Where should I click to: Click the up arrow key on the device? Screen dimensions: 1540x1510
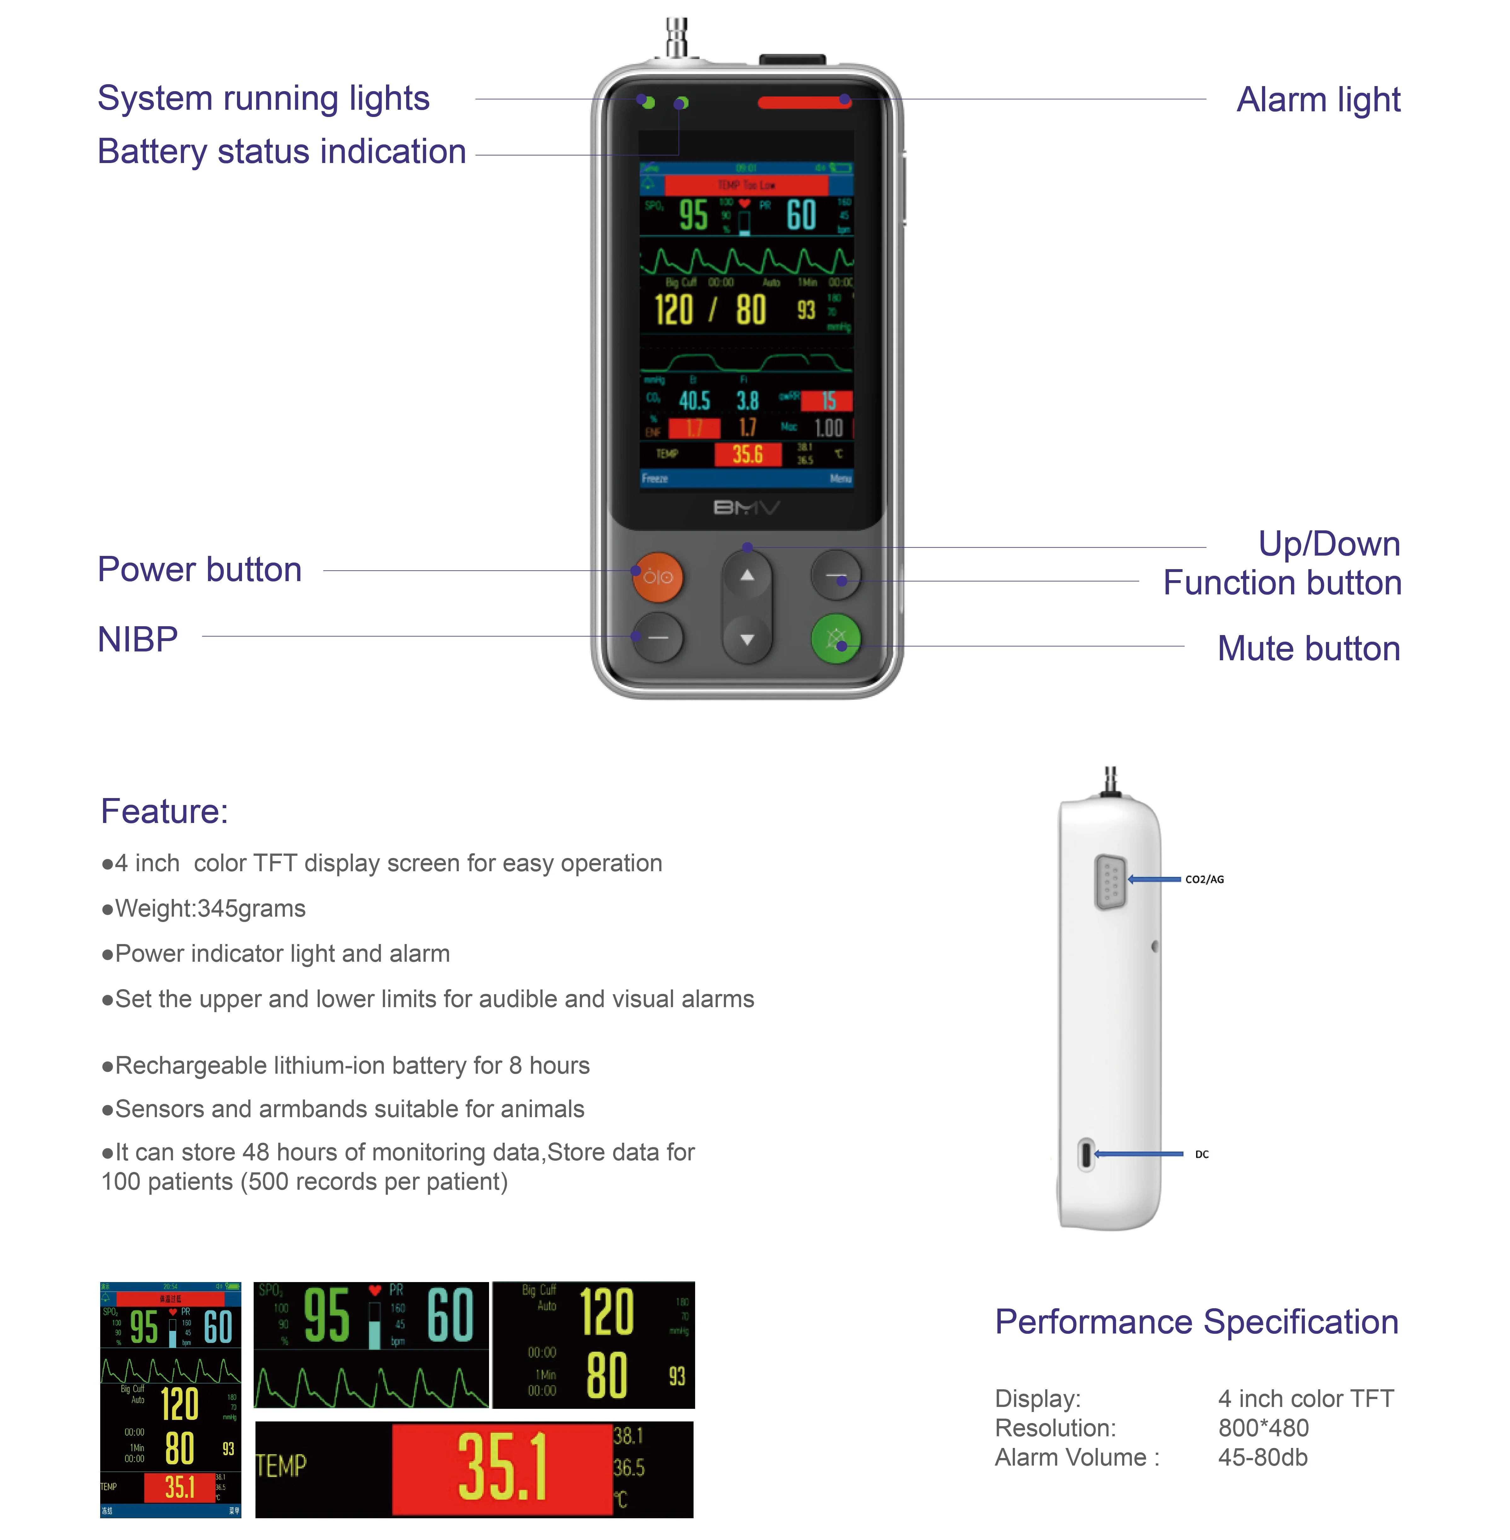746,575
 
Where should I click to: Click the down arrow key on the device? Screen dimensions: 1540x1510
746,639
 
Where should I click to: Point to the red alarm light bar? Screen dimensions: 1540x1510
803,102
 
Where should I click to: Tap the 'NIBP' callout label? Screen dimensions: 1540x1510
137,639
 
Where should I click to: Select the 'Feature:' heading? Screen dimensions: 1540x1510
164,811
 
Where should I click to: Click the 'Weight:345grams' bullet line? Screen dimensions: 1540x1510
204,908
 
